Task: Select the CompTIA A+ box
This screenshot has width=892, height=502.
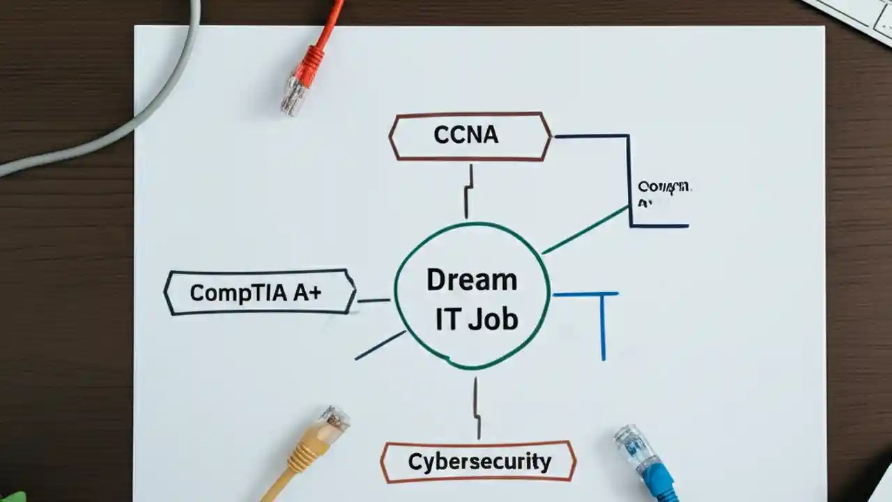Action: (x=259, y=292)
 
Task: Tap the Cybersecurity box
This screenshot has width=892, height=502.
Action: (x=479, y=462)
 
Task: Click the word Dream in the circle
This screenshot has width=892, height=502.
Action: (x=472, y=280)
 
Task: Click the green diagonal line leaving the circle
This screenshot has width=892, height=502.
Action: (x=585, y=229)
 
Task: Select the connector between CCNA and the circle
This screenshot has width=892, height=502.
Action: (x=469, y=192)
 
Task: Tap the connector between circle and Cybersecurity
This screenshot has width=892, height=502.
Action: (x=477, y=408)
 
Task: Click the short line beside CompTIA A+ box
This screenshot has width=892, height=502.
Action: (x=374, y=301)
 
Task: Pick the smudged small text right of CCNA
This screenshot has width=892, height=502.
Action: (x=663, y=194)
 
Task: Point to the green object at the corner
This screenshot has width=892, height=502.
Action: (x=10, y=496)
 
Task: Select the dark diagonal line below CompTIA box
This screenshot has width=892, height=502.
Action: (x=380, y=345)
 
